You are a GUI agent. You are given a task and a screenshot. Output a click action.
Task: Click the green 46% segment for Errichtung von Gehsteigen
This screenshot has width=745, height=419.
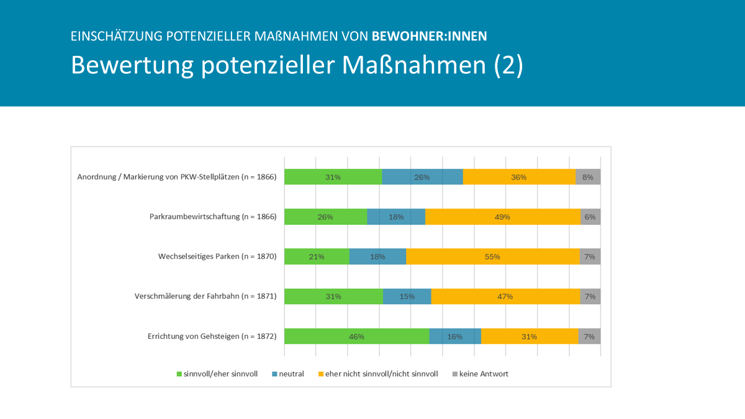[356, 336]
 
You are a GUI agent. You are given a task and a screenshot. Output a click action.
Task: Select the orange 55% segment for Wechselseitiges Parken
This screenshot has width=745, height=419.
[492, 256]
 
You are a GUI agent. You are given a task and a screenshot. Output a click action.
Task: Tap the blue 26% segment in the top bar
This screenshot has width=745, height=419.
[422, 177]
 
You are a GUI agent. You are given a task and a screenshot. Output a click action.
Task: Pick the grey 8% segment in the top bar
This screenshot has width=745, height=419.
[588, 177]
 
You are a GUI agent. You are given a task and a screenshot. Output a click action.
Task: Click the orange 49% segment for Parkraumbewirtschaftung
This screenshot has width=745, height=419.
[502, 217]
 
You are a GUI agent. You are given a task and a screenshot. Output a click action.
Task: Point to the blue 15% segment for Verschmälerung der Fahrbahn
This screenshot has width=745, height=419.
[407, 297]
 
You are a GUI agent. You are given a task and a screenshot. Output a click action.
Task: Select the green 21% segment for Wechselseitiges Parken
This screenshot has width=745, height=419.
[317, 256]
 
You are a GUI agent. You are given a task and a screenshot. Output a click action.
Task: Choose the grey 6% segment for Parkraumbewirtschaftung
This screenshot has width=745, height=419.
[590, 217]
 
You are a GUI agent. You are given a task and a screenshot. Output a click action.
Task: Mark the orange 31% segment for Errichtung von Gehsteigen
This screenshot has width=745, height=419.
[529, 336]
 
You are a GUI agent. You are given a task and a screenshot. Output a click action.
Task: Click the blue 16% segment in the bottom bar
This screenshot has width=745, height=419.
[454, 336]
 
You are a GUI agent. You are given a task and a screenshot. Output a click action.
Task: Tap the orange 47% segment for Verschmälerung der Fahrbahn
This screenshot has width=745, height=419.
[505, 297]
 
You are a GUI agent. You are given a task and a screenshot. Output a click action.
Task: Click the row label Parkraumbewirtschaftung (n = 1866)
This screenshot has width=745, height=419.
[212, 217]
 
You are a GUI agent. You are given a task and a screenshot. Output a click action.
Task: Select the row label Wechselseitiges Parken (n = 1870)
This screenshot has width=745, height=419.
[217, 256]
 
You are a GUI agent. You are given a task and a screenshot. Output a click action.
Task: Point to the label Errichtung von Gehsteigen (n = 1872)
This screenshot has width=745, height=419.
[212, 336]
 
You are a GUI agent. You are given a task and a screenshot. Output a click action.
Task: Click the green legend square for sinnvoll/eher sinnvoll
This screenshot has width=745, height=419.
[179, 374]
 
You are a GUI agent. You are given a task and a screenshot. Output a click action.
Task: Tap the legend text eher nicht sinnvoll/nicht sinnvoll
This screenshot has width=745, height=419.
[381, 374]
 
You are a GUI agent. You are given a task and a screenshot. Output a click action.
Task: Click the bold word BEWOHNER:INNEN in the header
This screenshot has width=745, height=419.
[429, 36]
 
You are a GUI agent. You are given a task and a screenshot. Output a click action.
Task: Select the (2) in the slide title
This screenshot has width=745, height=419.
[508, 65]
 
